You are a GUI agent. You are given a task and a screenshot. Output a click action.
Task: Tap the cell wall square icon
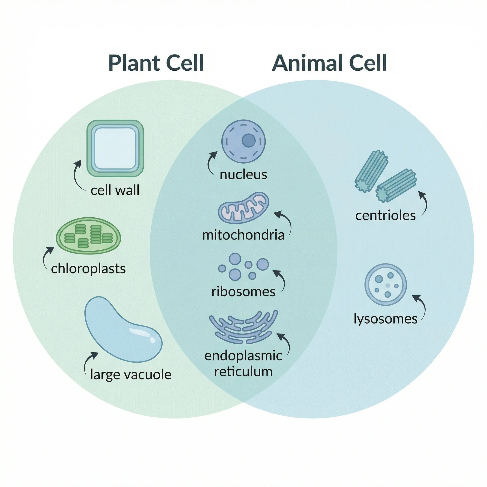tap(115, 148)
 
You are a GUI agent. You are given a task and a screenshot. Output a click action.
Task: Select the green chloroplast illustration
tap(88, 235)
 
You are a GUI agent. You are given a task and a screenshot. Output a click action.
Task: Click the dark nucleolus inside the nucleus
tap(248, 140)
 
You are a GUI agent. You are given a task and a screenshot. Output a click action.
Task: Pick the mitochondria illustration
tap(243, 208)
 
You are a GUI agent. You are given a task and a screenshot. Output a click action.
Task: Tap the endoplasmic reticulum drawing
tap(243, 328)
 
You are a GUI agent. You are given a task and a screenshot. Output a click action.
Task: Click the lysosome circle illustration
tap(385, 285)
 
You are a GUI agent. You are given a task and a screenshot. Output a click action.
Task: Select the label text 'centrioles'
tap(385, 215)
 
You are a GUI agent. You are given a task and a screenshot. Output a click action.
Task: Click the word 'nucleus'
tap(243, 175)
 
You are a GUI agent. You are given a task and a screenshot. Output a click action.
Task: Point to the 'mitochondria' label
tap(243, 235)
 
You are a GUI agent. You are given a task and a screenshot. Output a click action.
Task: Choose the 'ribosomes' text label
tap(243, 292)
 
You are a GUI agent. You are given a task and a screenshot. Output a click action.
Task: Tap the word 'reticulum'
tap(243, 372)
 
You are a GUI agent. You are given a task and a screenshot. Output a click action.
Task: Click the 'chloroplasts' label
tap(88, 269)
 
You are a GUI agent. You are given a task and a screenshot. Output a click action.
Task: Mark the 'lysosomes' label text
tap(385, 319)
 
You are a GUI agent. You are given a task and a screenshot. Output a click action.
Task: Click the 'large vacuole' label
tap(131, 375)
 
